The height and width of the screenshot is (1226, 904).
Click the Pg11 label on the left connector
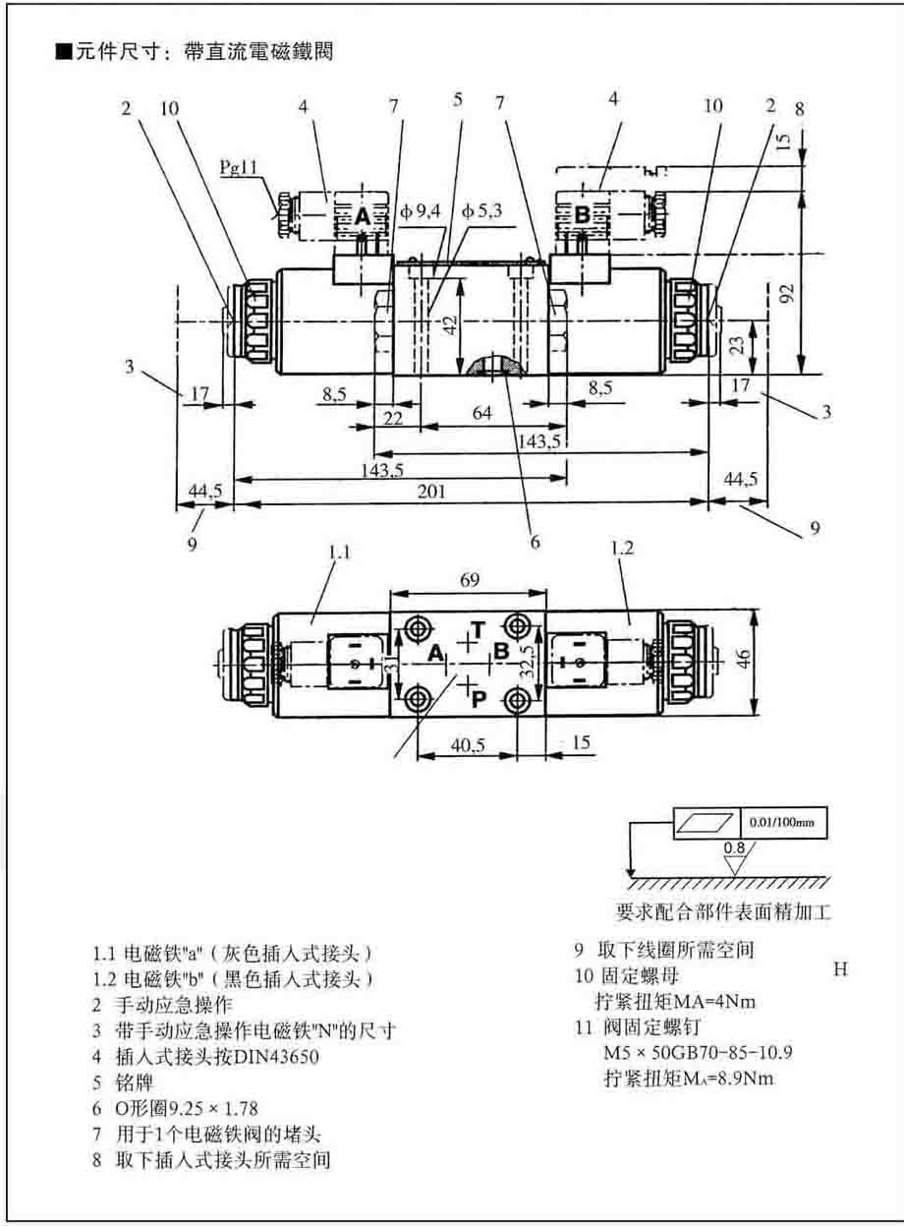(x=237, y=169)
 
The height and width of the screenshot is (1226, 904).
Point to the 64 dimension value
(x=481, y=414)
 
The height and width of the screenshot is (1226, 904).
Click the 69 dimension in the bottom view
(x=469, y=581)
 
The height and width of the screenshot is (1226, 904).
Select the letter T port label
(x=477, y=628)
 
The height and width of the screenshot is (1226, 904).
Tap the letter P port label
(x=480, y=698)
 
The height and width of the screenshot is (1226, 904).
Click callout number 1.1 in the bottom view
(x=339, y=553)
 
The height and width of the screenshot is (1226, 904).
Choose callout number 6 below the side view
(x=536, y=540)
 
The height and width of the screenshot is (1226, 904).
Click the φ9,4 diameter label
(x=420, y=210)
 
